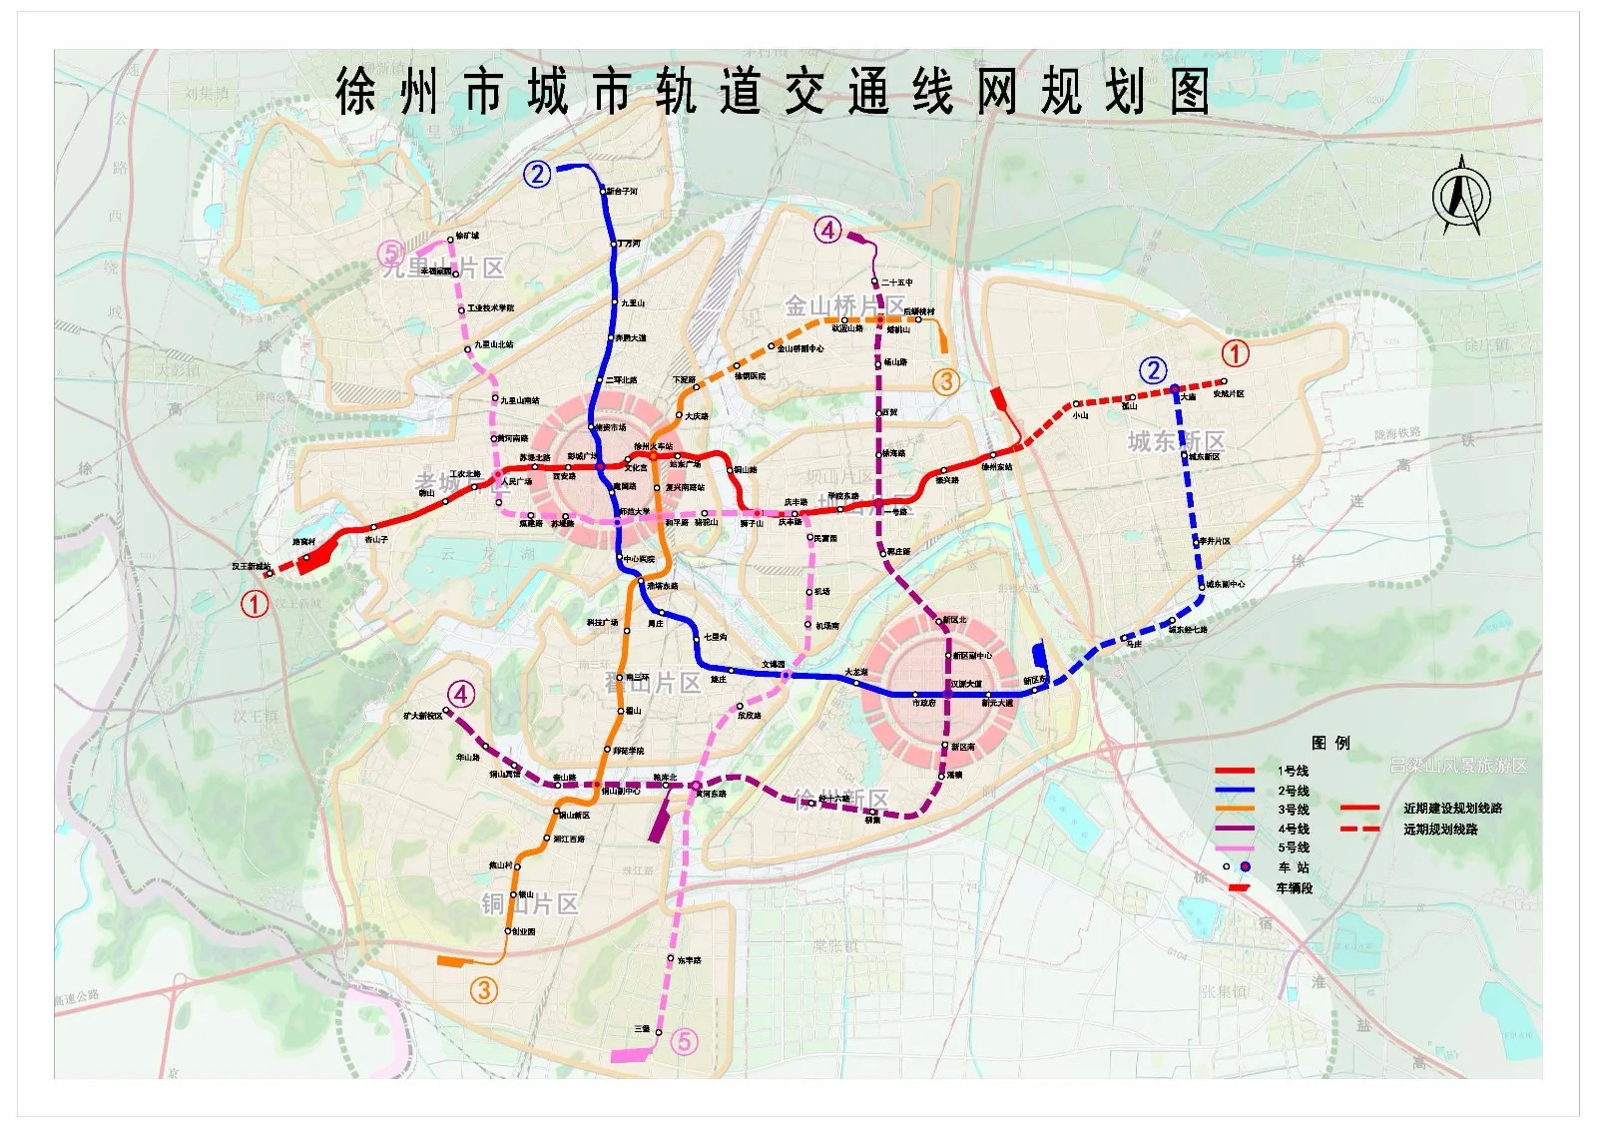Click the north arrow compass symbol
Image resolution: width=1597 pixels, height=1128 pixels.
point(1461,196)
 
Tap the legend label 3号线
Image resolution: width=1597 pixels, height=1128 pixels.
point(1293,810)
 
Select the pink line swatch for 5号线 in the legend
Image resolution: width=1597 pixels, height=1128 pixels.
point(1235,847)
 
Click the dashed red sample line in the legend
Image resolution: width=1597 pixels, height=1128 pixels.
point(1359,829)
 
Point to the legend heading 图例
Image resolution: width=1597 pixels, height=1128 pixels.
point(1331,743)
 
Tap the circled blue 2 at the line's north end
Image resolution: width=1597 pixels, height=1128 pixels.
point(537,175)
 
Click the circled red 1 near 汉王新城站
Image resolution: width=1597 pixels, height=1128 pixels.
point(256,603)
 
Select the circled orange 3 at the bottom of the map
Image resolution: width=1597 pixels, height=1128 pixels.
point(484,989)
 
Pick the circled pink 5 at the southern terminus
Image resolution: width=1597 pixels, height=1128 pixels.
point(684,1041)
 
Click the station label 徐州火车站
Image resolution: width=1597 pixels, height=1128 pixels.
point(654,446)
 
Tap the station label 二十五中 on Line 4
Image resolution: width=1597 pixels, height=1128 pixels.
point(897,282)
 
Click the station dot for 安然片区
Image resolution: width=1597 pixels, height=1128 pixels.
point(1224,380)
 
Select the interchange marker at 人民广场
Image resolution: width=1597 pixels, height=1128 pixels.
point(497,473)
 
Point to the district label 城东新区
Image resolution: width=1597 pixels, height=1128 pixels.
point(1176,441)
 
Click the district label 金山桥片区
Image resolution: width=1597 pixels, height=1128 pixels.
point(844,305)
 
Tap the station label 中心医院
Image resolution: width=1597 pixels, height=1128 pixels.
point(639,559)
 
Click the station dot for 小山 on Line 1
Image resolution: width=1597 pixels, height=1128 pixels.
point(1077,404)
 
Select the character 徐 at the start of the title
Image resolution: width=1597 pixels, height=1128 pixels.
point(356,93)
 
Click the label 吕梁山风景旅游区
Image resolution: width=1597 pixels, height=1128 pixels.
point(1458,766)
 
